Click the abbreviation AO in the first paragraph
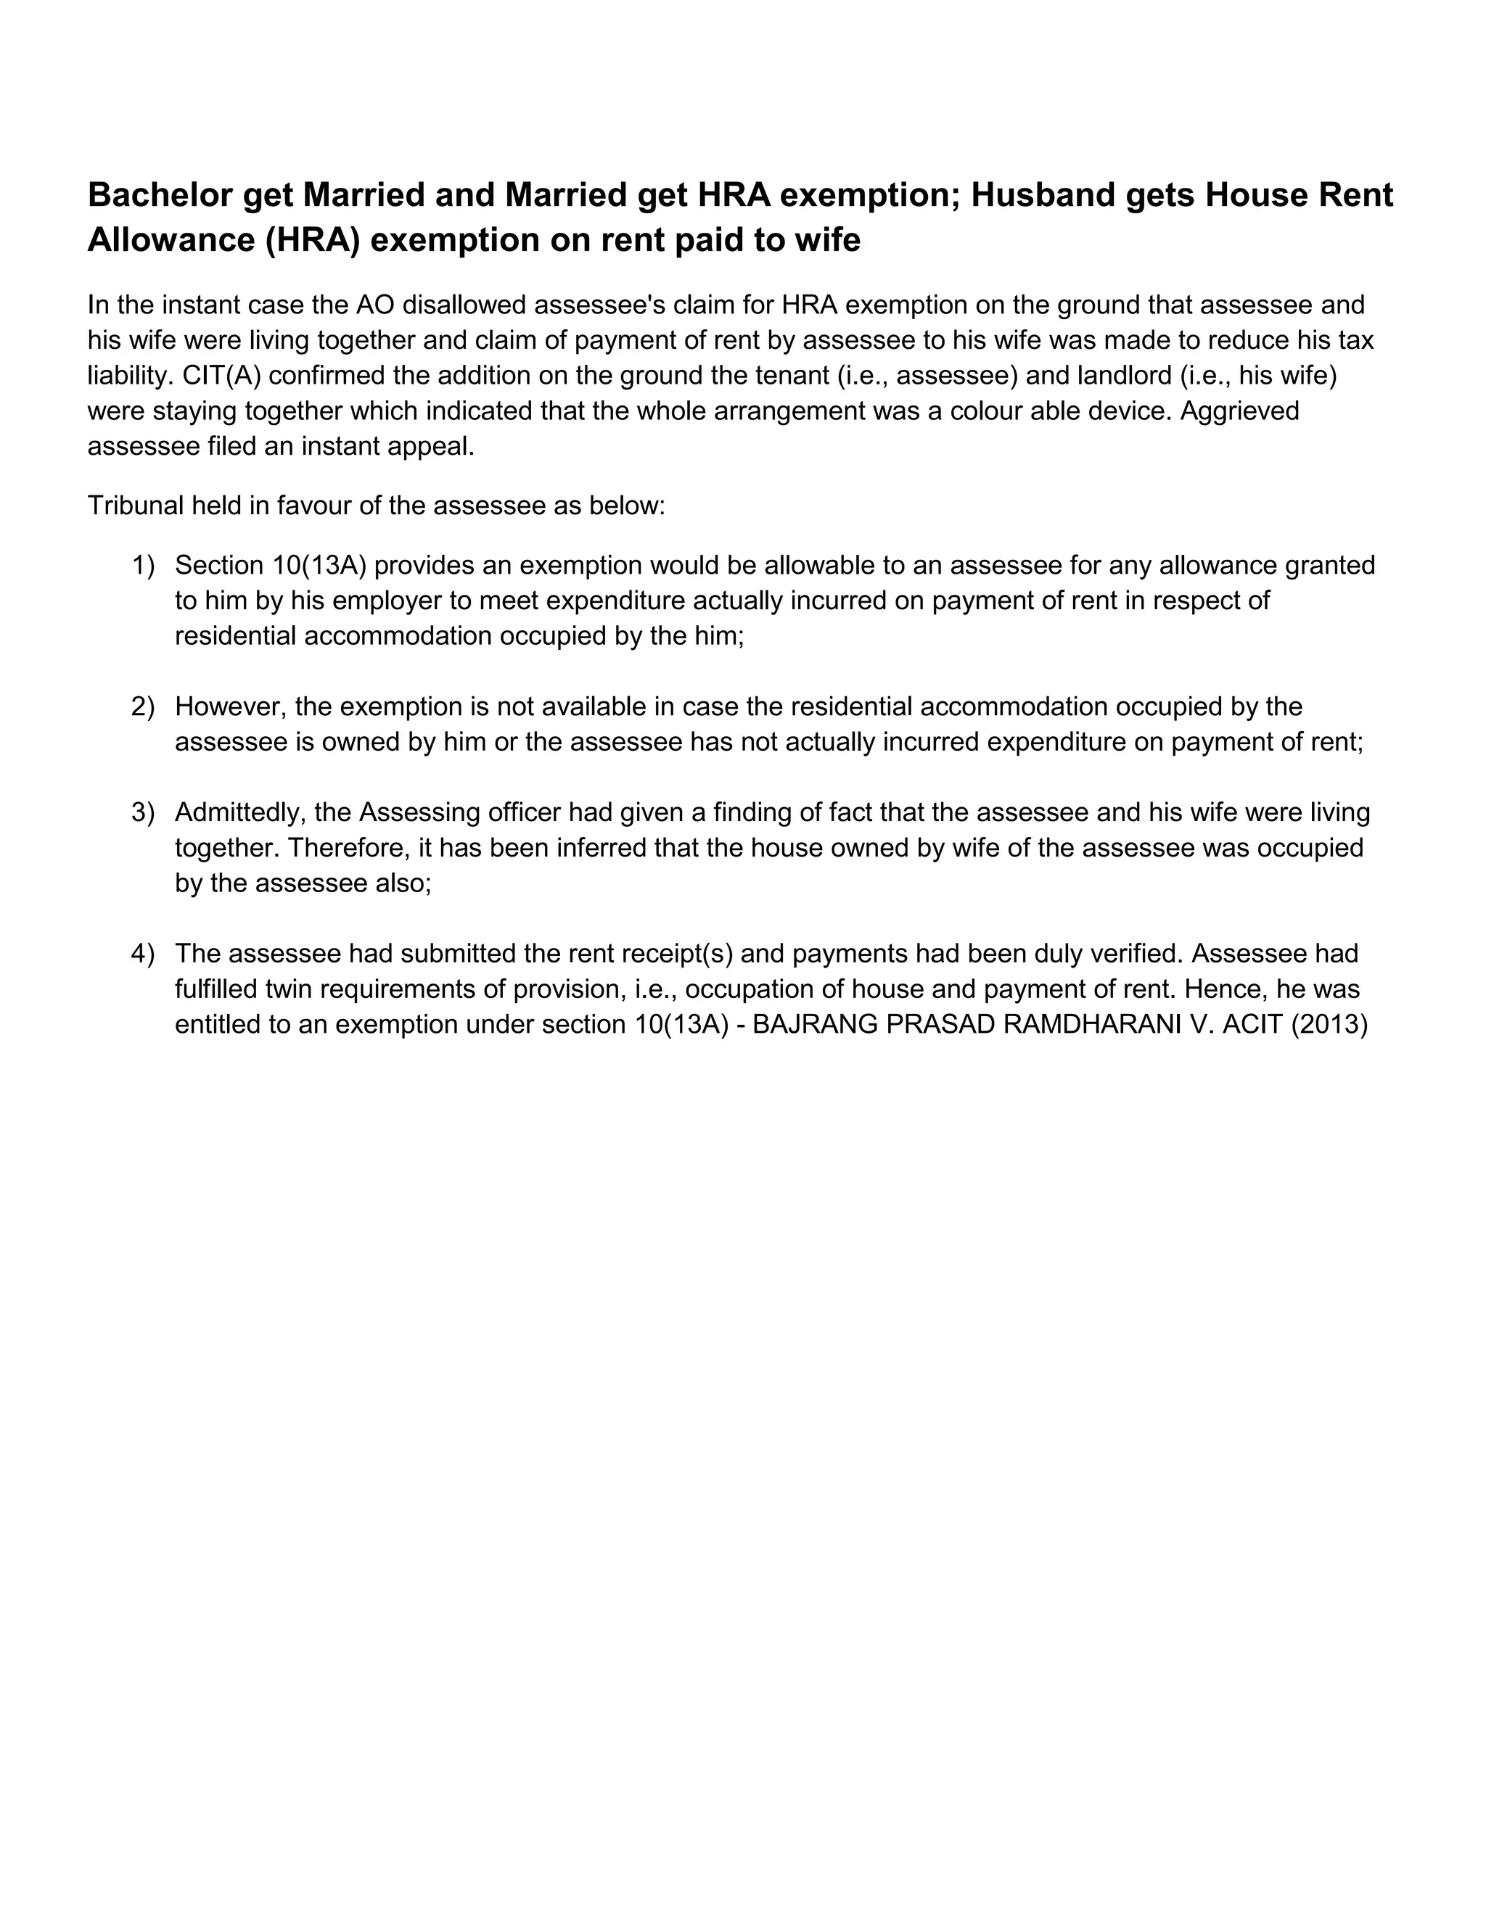coord(374,305)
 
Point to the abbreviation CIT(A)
coord(222,375)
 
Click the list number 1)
coord(143,565)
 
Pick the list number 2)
coord(143,706)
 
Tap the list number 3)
coord(143,812)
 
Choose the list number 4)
coord(143,953)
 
